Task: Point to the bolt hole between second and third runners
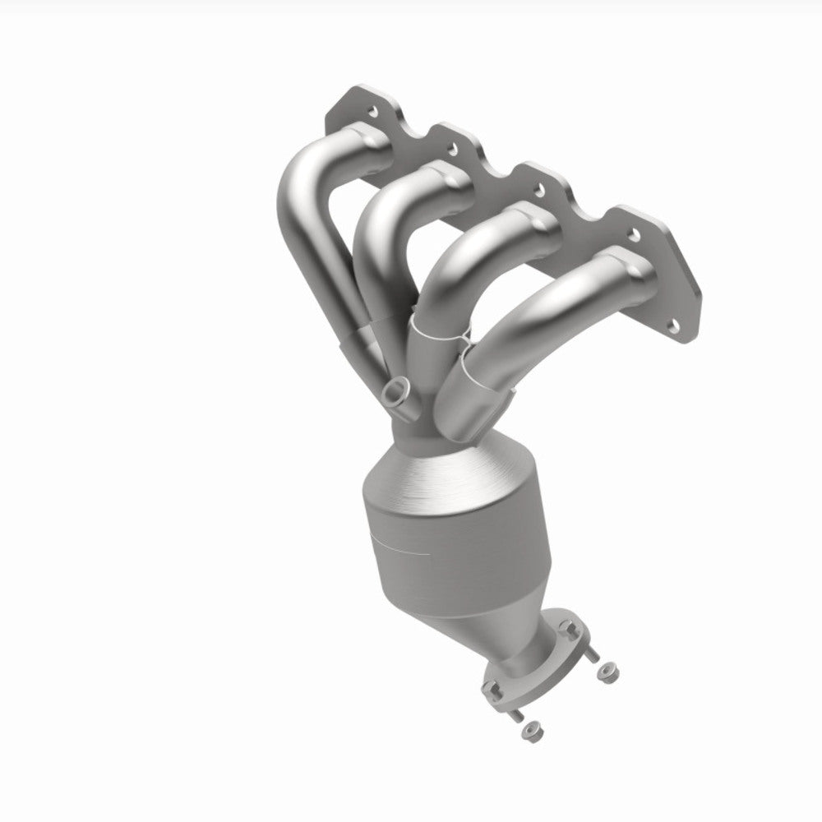[x=538, y=190]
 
